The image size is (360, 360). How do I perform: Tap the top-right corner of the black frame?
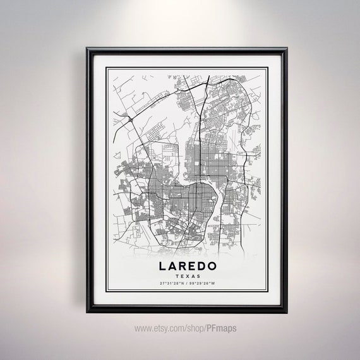(x=285, y=49)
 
